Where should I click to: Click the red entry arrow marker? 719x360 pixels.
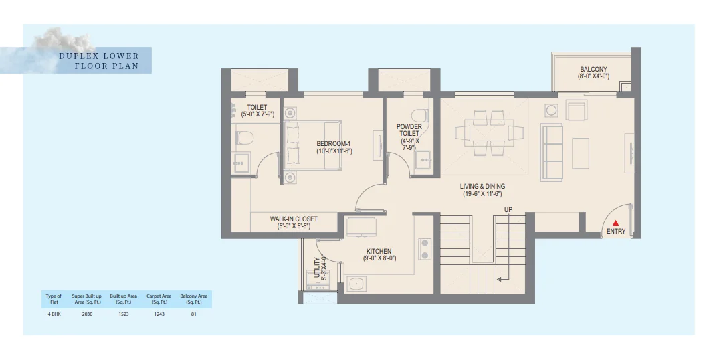(616, 223)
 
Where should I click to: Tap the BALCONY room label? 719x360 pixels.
(593, 69)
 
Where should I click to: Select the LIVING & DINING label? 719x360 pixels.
(482, 186)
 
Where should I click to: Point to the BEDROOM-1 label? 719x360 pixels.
(334, 144)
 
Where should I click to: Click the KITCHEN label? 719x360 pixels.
(379, 252)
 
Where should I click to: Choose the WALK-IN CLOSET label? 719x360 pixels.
(294, 219)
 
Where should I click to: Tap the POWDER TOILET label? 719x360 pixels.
(409, 130)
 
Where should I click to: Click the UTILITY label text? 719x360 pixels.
(317, 268)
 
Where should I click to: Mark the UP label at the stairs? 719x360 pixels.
(508, 210)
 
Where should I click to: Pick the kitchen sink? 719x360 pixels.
(356, 284)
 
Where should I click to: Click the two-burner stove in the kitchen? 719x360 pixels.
(424, 249)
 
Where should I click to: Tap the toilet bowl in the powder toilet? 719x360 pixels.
(419, 116)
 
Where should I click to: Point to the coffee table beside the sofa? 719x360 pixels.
(581, 153)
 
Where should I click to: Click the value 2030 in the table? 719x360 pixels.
(87, 314)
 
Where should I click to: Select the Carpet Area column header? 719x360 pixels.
(159, 299)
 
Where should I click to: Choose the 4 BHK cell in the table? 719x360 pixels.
(54, 314)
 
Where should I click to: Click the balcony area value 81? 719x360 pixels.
(193, 314)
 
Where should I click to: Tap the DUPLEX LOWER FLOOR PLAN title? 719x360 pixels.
(98, 60)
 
